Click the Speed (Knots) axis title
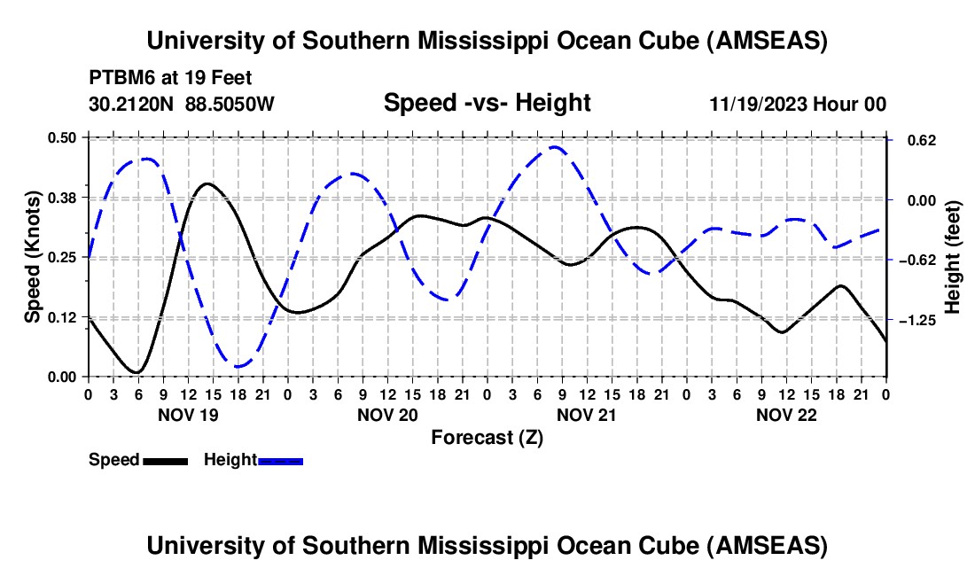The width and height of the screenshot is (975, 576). pyautogui.click(x=33, y=257)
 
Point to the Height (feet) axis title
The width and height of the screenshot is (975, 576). pyautogui.click(x=954, y=257)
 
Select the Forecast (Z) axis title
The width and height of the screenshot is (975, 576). pyautogui.click(x=487, y=437)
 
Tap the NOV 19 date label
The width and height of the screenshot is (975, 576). pyautogui.click(x=187, y=415)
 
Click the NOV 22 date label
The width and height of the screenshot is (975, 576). pyautogui.click(x=786, y=415)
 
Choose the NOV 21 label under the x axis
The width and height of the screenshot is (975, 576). pyautogui.click(x=587, y=415)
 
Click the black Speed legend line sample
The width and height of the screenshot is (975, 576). pyautogui.click(x=165, y=460)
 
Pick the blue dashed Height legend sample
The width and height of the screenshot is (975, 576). pyautogui.click(x=280, y=460)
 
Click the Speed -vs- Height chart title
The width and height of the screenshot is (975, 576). pyautogui.click(x=487, y=103)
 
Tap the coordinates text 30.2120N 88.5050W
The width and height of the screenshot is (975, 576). pyautogui.click(x=182, y=104)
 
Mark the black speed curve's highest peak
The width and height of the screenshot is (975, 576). pyautogui.click(x=207, y=183)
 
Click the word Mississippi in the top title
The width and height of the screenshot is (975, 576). pyautogui.click(x=480, y=41)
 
